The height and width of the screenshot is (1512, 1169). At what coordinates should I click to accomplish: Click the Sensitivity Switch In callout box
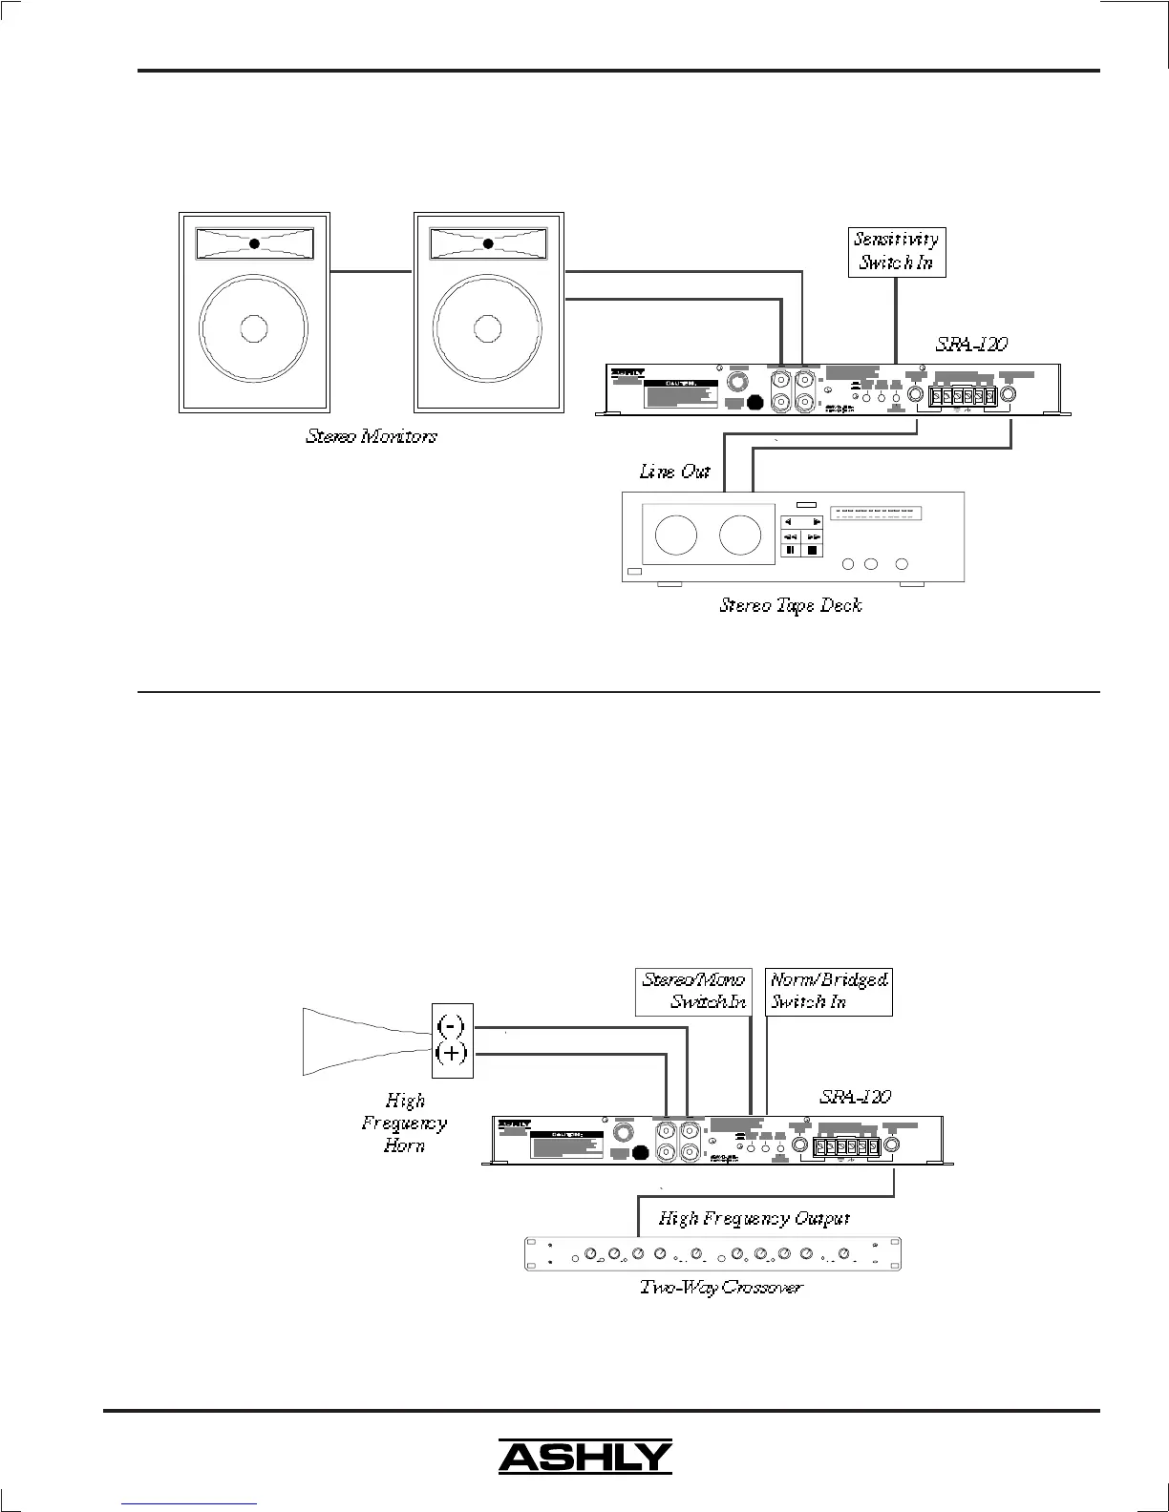pos(896,251)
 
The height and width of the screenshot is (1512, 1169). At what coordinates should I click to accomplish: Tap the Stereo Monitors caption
pos(372,437)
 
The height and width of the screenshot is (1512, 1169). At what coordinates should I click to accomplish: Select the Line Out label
pos(674,472)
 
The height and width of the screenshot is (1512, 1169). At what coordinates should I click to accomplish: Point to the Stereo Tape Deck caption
pos(790,605)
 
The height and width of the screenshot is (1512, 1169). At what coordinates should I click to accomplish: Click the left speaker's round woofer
pos(253,327)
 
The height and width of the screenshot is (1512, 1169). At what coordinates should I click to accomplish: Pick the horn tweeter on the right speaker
pos(488,243)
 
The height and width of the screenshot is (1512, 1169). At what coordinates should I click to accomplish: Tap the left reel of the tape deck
pos(676,535)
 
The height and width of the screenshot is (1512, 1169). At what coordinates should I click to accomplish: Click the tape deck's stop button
pos(813,550)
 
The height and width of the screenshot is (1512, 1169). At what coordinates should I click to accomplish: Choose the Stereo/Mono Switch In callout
pos(693,991)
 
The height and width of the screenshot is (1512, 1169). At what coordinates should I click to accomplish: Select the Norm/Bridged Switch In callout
pos(829,991)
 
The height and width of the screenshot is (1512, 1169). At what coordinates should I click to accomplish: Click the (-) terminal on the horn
pos(451,1025)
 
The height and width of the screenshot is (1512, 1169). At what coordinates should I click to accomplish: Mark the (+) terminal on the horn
pos(451,1054)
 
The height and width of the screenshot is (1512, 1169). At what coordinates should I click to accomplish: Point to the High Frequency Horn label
pos(404,1123)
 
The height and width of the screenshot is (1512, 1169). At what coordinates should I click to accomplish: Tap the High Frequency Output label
pos(754,1219)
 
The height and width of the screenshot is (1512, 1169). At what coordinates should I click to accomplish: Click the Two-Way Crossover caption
pos(721,1288)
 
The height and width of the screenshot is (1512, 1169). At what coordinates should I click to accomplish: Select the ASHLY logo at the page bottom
pos(584,1457)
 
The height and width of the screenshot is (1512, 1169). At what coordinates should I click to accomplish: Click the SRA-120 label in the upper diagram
pos(970,344)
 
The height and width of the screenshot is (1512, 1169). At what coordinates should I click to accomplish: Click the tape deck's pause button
pos(791,550)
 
